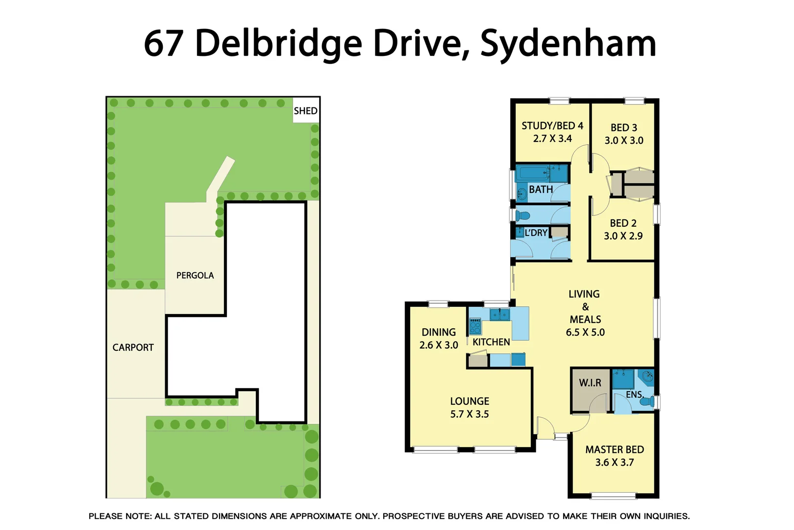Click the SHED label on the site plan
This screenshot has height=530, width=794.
[305, 111]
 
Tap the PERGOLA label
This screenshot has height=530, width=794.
[195, 275]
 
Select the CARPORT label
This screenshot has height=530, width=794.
[133, 347]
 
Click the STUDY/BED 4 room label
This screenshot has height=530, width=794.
[552, 126]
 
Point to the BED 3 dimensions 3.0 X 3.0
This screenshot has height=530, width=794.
[624, 140]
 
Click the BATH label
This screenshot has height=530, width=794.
[541, 189]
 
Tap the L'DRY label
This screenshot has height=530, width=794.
[536, 233]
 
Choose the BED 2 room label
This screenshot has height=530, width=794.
[623, 223]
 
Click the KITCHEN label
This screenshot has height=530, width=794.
[491, 342]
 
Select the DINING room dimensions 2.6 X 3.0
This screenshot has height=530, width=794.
[439, 345]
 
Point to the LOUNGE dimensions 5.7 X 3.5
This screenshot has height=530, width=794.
[470, 414]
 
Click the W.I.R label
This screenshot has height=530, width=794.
[590, 383]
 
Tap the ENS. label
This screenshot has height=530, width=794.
[634, 395]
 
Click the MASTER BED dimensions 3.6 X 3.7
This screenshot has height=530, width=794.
[615, 462]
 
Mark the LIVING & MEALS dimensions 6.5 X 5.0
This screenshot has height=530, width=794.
[585, 332]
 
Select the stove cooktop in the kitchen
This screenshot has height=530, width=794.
[475, 326]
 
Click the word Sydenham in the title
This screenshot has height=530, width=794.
[568, 43]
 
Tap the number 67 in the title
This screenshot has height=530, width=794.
[164, 43]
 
